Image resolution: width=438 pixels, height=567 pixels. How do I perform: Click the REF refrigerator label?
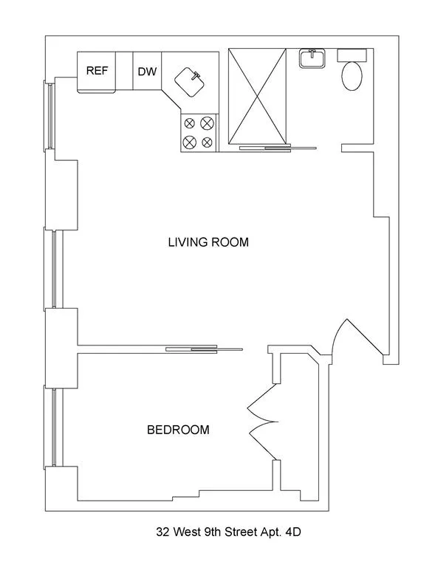(x=96, y=71)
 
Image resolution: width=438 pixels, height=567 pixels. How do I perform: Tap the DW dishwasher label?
(x=146, y=72)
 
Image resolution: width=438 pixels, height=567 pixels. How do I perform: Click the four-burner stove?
(x=198, y=132)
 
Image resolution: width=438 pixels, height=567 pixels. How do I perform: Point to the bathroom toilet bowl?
(x=352, y=76)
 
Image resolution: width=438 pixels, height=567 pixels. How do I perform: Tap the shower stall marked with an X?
(x=256, y=94)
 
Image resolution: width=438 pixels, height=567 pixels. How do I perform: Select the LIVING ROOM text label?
(x=208, y=241)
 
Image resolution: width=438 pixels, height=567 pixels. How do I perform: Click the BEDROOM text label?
(x=177, y=429)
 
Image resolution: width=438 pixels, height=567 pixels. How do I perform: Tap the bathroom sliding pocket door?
(x=278, y=148)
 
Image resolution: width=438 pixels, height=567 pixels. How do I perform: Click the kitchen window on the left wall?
(x=51, y=116)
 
